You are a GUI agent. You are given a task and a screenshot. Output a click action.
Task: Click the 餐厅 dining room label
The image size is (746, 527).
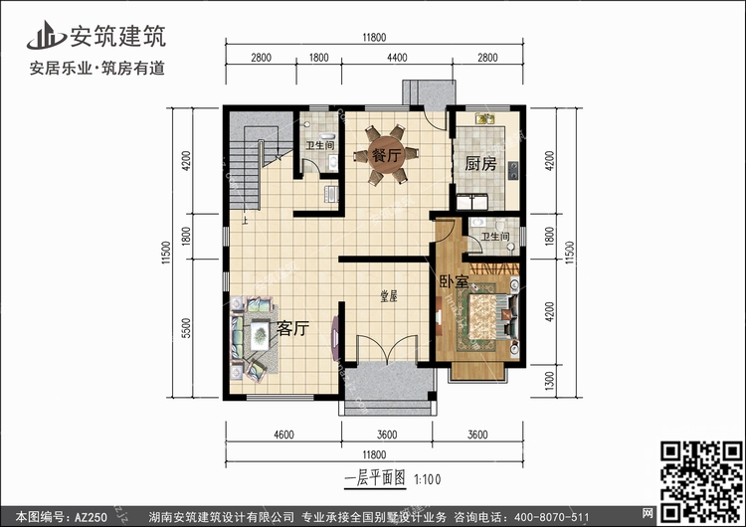tap(387, 154)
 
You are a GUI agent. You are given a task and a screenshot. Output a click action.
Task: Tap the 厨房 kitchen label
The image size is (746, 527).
tap(480, 164)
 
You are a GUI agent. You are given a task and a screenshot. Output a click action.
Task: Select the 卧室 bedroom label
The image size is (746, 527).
tap(454, 281)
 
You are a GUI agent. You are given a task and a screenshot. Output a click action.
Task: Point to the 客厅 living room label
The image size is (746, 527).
tap(292, 328)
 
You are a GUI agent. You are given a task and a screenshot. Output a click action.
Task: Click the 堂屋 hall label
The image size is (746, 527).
tap(388, 296)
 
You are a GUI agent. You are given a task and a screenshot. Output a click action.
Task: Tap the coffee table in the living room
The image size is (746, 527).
tap(260, 335)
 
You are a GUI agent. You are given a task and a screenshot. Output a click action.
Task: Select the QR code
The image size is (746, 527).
tap(702, 481)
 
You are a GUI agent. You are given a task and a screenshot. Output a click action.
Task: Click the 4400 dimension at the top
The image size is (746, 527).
tap(397, 58)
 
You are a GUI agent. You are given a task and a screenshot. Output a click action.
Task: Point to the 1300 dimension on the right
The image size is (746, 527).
tap(549, 381)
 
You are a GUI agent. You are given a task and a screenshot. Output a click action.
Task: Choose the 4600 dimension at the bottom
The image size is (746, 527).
tap(283, 435)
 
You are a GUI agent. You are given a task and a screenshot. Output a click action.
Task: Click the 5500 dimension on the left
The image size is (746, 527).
tap(186, 328)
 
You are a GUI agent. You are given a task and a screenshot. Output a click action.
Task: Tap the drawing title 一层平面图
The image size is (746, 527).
tap(375, 477)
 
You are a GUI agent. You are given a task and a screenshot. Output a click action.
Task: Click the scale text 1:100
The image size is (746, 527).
tap(428, 479)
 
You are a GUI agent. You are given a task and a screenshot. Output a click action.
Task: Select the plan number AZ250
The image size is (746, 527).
tap(91, 517)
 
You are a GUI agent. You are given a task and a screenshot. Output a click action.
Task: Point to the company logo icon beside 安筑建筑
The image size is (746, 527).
tap(46, 35)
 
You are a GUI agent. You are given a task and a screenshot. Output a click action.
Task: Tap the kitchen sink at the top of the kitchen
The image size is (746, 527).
tap(485, 118)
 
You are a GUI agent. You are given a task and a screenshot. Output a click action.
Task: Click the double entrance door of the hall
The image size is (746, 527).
tap(387, 350)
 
